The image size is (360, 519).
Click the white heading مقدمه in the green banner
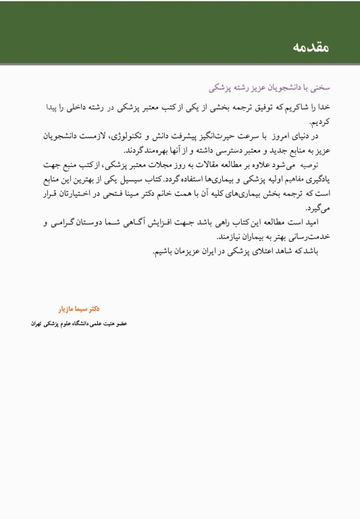click(311, 47)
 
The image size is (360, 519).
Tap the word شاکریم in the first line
click(304, 107)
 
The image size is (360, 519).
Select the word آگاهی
click(157, 222)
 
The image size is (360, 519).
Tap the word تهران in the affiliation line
click(42, 324)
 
